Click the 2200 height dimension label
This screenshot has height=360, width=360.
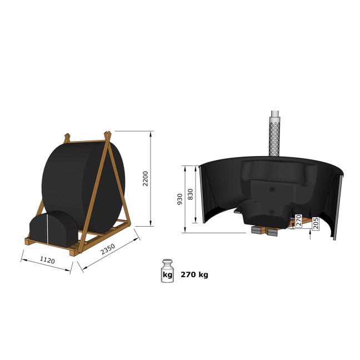click(x=145, y=179)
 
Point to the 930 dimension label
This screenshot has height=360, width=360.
click(x=179, y=200)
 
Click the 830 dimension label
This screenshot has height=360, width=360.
click(x=191, y=194)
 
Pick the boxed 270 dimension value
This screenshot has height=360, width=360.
click(x=298, y=221)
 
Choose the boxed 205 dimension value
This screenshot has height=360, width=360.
click(x=316, y=224)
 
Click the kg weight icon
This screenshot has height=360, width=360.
click(x=167, y=271)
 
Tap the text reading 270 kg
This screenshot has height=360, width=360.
click(x=194, y=274)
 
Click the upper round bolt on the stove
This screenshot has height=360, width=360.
click(x=272, y=189)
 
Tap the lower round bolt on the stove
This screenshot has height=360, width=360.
click(x=272, y=212)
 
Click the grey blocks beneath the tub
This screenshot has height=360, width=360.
click(x=266, y=229)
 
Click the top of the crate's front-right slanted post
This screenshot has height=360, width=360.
click(x=108, y=133)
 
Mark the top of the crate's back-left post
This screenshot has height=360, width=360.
click(x=67, y=137)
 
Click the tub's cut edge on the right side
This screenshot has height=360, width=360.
click(x=337, y=206)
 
